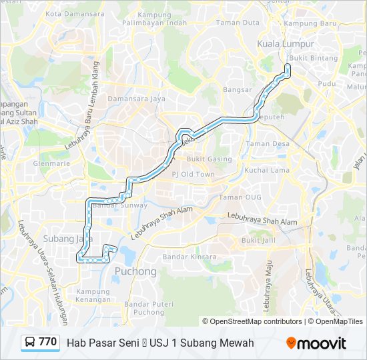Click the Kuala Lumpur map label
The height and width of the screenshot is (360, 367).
[281, 45]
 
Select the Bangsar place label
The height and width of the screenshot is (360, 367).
[237, 89]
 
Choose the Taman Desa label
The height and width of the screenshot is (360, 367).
[267, 144]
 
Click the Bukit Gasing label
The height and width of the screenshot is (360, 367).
[210, 159]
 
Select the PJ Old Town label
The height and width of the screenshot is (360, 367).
[194, 174]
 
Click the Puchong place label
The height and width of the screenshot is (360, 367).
[135, 271]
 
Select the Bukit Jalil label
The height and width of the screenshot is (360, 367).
[259, 240]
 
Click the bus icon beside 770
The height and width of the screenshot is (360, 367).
[29, 343]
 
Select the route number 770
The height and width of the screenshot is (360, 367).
[47, 342]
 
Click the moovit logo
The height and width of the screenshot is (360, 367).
[316, 343]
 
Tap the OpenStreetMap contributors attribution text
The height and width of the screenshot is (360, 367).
[256, 321]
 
